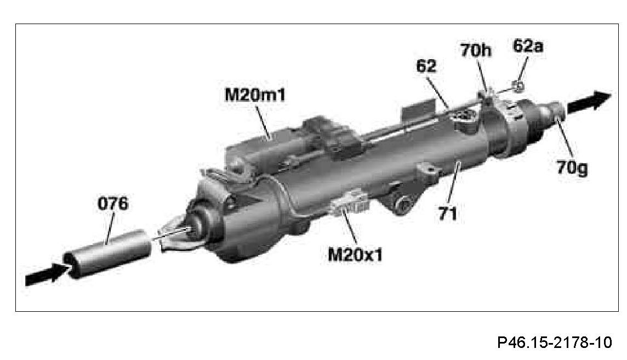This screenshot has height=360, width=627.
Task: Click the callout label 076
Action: pyautogui.click(x=113, y=203)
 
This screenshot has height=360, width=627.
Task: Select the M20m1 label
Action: pyautogui.click(x=255, y=95)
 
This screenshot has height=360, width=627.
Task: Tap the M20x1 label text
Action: pyautogui.click(x=355, y=254)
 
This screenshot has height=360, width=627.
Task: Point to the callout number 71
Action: pyautogui.click(x=447, y=214)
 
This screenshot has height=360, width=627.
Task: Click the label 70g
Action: pyautogui.click(x=572, y=168)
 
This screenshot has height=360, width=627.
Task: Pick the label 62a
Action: pyautogui.click(x=528, y=47)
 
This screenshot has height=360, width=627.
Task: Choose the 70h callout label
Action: pyautogui.click(x=476, y=51)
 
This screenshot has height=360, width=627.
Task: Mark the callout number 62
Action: pyautogui.click(x=426, y=66)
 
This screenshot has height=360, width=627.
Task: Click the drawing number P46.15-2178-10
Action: pyautogui.click(x=555, y=342)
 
